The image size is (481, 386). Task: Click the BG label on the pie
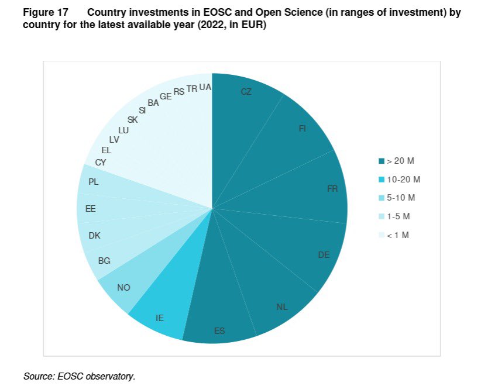(x=104, y=261)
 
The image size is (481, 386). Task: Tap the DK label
(x=94, y=236)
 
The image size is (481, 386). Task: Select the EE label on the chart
(x=90, y=209)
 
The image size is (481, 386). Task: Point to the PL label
(x=93, y=182)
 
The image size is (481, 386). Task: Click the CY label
(x=101, y=163)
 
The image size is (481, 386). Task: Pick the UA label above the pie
(x=205, y=87)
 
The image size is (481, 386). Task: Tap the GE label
(x=166, y=96)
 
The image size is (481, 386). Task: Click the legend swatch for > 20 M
(x=382, y=161)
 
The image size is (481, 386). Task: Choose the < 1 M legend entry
(x=397, y=235)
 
